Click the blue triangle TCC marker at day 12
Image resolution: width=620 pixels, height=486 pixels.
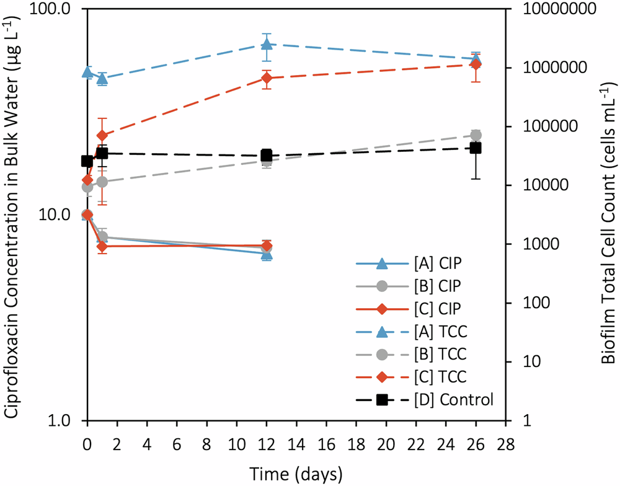click(x=267, y=44)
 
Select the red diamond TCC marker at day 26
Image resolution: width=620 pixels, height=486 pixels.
click(x=476, y=64)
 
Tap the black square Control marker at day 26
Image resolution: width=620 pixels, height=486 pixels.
click(x=476, y=148)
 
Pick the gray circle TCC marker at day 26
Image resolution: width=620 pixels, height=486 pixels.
click(x=476, y=135)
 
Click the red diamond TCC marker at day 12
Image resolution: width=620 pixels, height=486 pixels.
click(x=267, y=78)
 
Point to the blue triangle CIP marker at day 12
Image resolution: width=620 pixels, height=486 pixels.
click(x=267, y=254)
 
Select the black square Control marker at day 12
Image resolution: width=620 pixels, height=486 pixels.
click(x=267, y=155)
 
